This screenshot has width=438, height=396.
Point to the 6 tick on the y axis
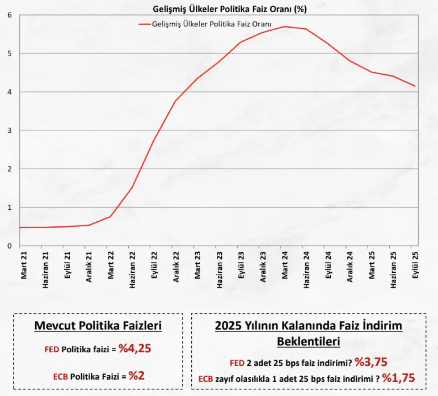coord(10,15)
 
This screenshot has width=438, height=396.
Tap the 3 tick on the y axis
coord(10,130)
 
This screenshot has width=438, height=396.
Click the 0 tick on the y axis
coord(10,246)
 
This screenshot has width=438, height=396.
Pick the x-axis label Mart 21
coord(23,265)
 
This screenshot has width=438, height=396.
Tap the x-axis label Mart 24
coord(285,265)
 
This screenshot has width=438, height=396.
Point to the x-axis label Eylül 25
coord(415,265)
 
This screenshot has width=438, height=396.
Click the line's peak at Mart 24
coord(284,26)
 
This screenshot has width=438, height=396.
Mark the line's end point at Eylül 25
coord(415,86)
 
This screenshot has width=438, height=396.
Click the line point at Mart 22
coord(110,216)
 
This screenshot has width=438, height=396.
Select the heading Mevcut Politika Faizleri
coord(98,326)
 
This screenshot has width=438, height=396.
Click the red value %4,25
coord(135,349)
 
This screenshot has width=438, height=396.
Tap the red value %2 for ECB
coord(136,375)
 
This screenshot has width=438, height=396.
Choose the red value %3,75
coord(371,362)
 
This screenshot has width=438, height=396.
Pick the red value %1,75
coord(398,378)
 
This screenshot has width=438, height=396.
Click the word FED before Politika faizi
coord(52,350)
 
